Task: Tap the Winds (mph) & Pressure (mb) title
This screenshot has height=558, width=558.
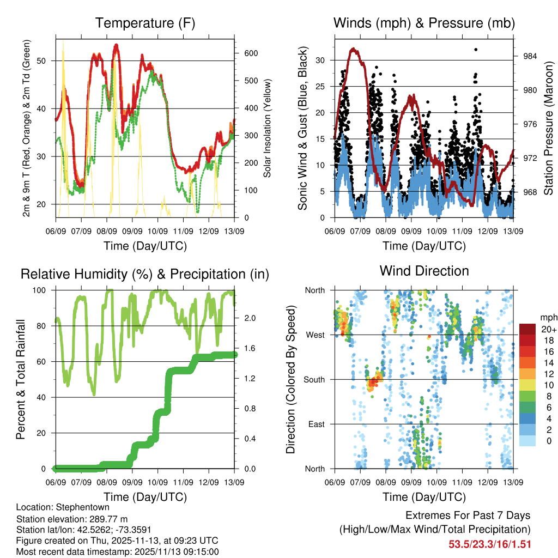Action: (424, 23)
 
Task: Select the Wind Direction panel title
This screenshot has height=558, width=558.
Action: (424, 270)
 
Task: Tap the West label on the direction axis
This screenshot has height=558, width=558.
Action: (315, 335)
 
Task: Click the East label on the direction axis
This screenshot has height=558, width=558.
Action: (316, 424)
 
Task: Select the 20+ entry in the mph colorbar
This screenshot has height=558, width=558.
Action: (547, 329)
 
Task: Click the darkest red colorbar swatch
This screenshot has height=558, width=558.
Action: (527, 329)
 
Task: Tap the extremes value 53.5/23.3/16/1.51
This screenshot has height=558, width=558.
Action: (489, 544)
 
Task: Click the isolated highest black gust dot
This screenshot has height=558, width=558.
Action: (476, 50)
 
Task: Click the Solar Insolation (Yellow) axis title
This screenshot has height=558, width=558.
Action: (267, 128)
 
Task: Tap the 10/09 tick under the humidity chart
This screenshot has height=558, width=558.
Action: (157, 482)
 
